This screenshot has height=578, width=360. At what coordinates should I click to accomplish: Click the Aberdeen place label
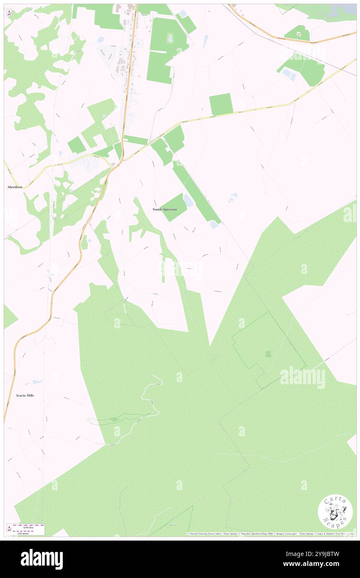15,187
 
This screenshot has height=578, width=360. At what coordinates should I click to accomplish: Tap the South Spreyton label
164,209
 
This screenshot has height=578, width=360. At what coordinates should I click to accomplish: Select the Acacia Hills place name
25,395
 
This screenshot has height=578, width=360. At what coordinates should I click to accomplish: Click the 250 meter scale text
30,532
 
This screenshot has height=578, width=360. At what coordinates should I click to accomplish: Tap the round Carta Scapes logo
335,511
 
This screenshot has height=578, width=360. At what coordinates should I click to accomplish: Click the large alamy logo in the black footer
42,559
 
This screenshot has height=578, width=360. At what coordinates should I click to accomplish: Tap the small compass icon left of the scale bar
9,529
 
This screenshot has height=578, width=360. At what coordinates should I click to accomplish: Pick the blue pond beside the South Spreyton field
188,200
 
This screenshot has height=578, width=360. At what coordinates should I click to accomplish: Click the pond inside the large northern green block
170,38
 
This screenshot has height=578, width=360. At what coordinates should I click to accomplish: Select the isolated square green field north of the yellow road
221,104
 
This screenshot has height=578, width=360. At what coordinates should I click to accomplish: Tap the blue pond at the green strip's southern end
214,225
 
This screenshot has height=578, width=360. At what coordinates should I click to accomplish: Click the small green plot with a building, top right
298,33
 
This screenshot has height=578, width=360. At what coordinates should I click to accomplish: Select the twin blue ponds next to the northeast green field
289,74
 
